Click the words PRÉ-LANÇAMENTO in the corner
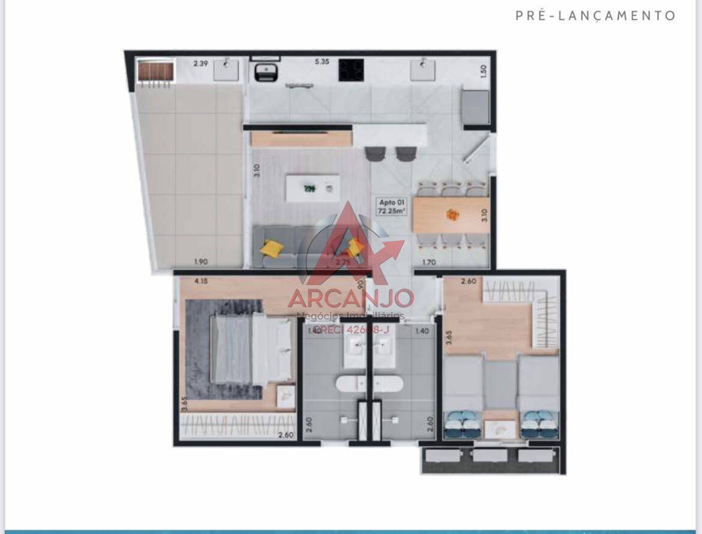(596, 16)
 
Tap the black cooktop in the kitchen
(351, 70)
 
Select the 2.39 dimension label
(200, 62)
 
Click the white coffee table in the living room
(312, 188)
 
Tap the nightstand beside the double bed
(285, 395)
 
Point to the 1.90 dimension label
(202, 262)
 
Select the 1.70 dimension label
(428, 262)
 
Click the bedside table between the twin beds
(500, 427)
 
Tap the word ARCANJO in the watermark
(350, 298)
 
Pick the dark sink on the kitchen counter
(265, 71)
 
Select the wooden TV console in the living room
(301, 139)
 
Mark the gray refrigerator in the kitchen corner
(476, 107)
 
